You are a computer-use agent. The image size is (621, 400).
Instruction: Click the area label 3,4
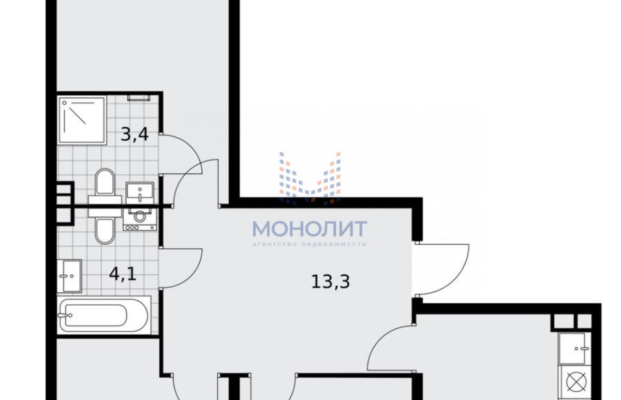point(135,135)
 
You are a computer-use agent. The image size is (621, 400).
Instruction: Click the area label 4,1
point(123,274)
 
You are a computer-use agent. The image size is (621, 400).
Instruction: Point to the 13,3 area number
point(331,282)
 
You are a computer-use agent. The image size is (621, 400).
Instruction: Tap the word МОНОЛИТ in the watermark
point(309,229)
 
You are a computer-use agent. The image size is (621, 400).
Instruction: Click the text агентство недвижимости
point(309,244)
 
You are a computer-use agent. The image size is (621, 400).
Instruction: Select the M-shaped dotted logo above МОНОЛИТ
point(310,178)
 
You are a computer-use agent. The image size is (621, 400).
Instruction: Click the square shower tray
point(82,120)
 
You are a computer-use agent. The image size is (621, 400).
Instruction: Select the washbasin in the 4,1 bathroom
point(69,276)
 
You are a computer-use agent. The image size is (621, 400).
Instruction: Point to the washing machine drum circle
point(139,216)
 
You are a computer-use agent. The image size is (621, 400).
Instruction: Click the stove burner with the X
point(576,382)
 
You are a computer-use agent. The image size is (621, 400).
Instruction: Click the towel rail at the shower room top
point(139,98)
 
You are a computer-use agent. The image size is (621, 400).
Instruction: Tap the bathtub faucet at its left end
point(65,315)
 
